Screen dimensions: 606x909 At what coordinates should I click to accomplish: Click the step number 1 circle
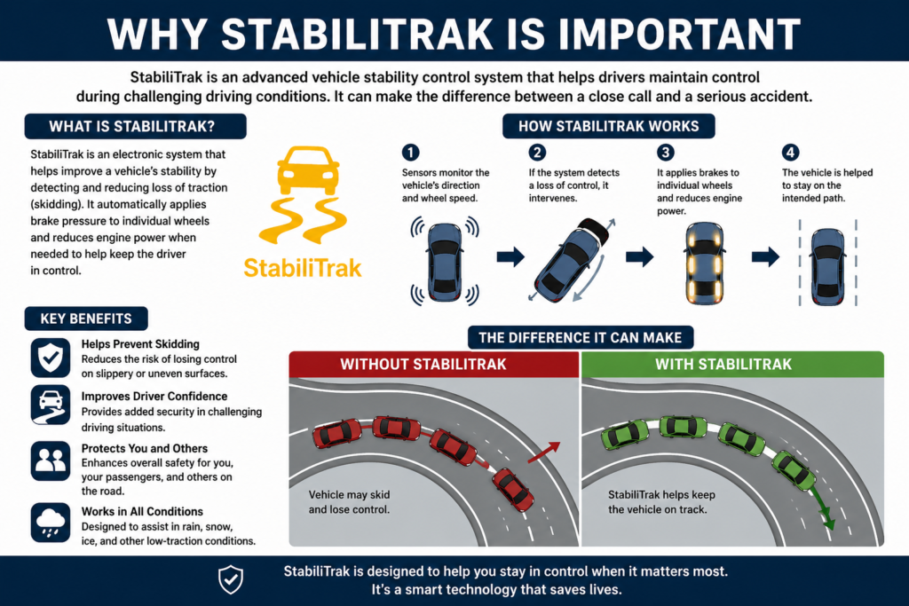[x=409, y=152]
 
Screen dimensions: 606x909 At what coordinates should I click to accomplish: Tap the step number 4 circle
[x=790, y=152]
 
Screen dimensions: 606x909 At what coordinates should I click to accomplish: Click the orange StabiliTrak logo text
[x=303, y=266]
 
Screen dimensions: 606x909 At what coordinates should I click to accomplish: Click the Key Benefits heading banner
[x=86, y=319]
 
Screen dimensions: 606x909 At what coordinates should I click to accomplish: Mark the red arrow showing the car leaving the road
[x=543, y=453]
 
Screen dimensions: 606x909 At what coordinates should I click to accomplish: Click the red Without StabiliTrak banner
[x=434, y=364]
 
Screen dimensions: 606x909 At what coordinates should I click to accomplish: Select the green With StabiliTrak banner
[x=732, y=364]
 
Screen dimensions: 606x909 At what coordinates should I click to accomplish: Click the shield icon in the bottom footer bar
[x=230, y=579]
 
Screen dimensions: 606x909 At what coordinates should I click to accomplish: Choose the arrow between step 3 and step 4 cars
[x=765, y=257]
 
